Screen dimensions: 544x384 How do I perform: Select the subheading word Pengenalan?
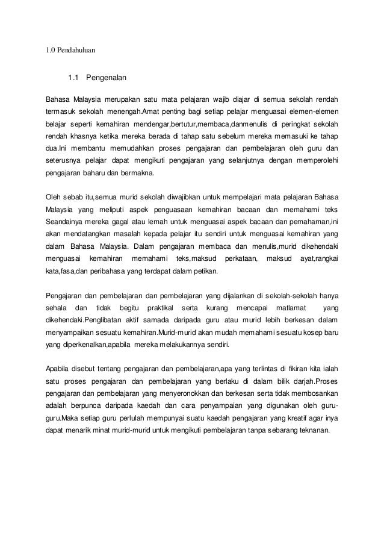[x=107, y=78]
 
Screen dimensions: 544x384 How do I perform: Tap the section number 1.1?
[x=73, y=78]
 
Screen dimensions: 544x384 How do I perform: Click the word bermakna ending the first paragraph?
[x=137, y=172]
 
